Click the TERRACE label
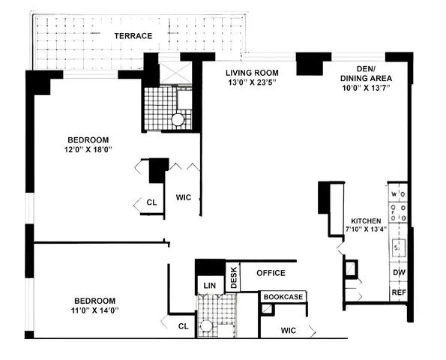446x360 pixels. click(133, 36)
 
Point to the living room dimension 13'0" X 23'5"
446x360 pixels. click(253, 84)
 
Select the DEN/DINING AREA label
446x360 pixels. click(366, 73)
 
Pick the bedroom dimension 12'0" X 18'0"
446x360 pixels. click(88, 149)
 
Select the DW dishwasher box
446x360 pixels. click(399, 273)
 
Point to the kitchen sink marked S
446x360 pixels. click(399, 246)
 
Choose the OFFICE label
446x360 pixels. click(271, 273)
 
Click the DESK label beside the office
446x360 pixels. click(233, 277)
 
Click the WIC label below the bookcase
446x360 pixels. click(289, 330)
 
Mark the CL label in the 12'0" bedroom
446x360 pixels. click(151, 202)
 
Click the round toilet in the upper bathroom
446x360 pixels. click(178, 118)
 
